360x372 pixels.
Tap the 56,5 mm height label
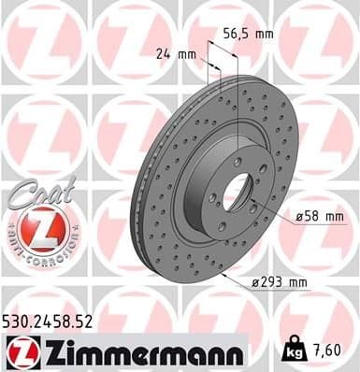tap(252, 35)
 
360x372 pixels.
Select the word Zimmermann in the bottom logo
tap(139, 351)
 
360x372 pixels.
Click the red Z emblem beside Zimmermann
tap(19, 351)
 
